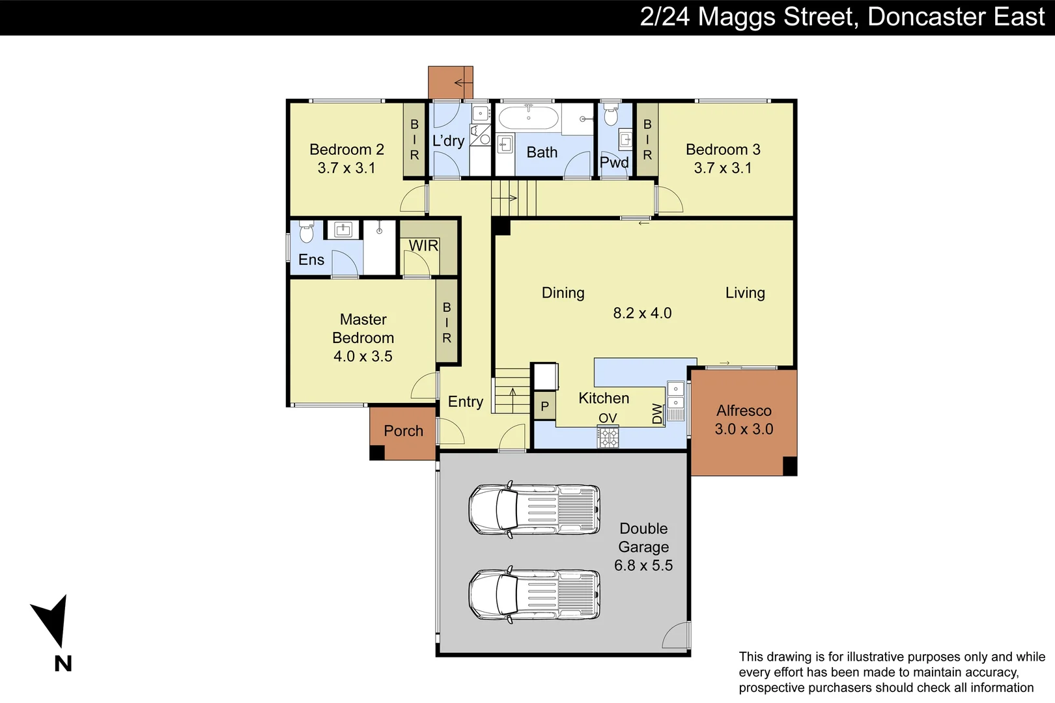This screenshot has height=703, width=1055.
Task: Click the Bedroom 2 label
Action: [346, 150]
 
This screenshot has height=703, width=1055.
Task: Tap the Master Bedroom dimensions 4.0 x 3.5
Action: [363, 356]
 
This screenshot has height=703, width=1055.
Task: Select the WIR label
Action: [423, 246]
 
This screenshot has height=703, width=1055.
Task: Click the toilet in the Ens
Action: [306, 232]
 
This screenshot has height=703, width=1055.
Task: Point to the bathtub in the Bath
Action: [527, 118]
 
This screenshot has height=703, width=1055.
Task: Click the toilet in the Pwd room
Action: [611, 115]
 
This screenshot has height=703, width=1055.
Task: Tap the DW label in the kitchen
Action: [657, 413]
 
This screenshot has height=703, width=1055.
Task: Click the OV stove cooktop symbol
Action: [608, 437]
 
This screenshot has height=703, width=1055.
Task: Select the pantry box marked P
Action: [545, 407]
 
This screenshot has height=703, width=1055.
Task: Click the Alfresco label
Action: [744, 411]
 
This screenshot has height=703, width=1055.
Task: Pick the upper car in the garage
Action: [534, 510]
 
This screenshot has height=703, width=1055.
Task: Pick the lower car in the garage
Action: [534, 594]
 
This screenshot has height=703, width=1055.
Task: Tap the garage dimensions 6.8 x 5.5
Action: [643, 565]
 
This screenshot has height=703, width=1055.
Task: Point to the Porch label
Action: [403, 431]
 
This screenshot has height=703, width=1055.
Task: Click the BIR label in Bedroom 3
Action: [647, 139]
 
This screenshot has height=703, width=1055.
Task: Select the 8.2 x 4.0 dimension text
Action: [642, 313]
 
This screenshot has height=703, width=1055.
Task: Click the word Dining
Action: [563, 293]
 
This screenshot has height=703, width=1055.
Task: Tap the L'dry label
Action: [448, 141]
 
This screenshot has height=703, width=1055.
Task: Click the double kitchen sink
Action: [676, 396]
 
